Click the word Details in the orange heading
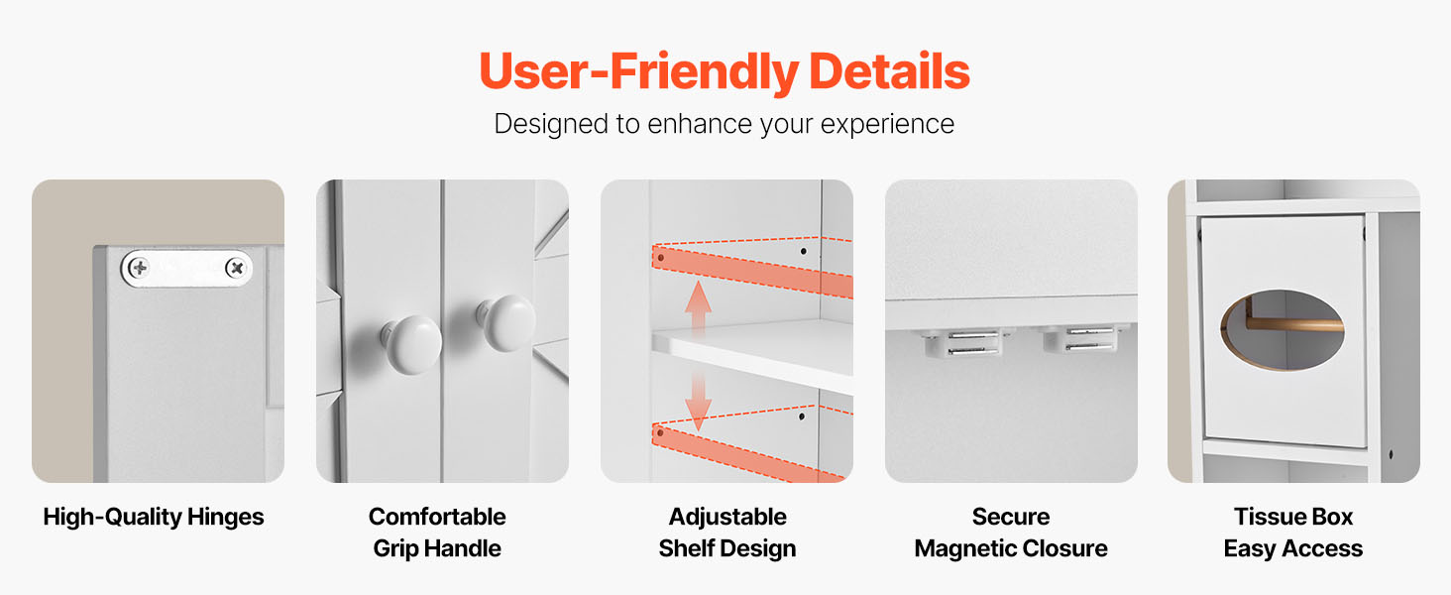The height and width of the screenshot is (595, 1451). pyautogui.click(x=889, y=71)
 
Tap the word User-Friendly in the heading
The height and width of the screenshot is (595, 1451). pyautogui.click(x=639, y=72)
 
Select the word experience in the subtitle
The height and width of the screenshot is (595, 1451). pyautogui.click(x=887, y=124)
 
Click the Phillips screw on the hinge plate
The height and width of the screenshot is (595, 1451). pyautogui.click(x=139, y=267)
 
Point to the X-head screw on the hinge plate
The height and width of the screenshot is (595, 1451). pyautogui.click(x=236, y=267)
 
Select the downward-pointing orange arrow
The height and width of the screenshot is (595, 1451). pyautogui.click(x=698, y=401)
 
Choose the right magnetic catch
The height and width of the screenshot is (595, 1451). pyautogui.click(x=1084, y=339)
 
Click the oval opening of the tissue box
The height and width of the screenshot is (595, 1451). pyautogui.click(x=1282, y=330)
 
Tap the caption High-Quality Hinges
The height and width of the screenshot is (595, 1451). pyautogui.click(x=154, y=517)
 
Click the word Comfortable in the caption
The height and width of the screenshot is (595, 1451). pyautogui.click(x=437, y=517)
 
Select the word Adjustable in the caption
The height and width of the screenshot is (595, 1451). pyautogui.click(x=727, y=517)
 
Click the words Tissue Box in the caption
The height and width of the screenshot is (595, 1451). pyautogui.click(x=1293, y=517)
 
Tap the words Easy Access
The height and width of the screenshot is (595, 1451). pyautogui.click(x=1293, y=549)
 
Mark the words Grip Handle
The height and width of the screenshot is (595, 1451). pyautogui.click(x=437, y=549)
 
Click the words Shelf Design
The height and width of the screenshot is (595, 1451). pyautogui.click(x=727, y=549)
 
